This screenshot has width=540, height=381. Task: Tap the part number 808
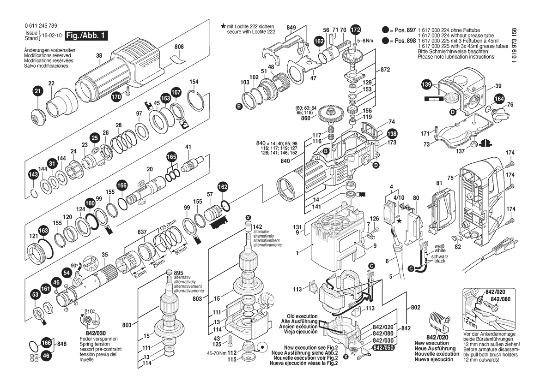[x=179, y=47]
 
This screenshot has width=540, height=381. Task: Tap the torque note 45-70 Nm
[x=216, y=353]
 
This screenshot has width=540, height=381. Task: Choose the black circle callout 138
[x=391, y=134]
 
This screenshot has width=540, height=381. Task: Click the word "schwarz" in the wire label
[x=439, y=256]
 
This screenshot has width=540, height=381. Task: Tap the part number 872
[x=385, y=70]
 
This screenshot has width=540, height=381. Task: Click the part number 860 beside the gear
[x=305, y=118]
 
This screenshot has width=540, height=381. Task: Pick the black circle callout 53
[x=35, y=294]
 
